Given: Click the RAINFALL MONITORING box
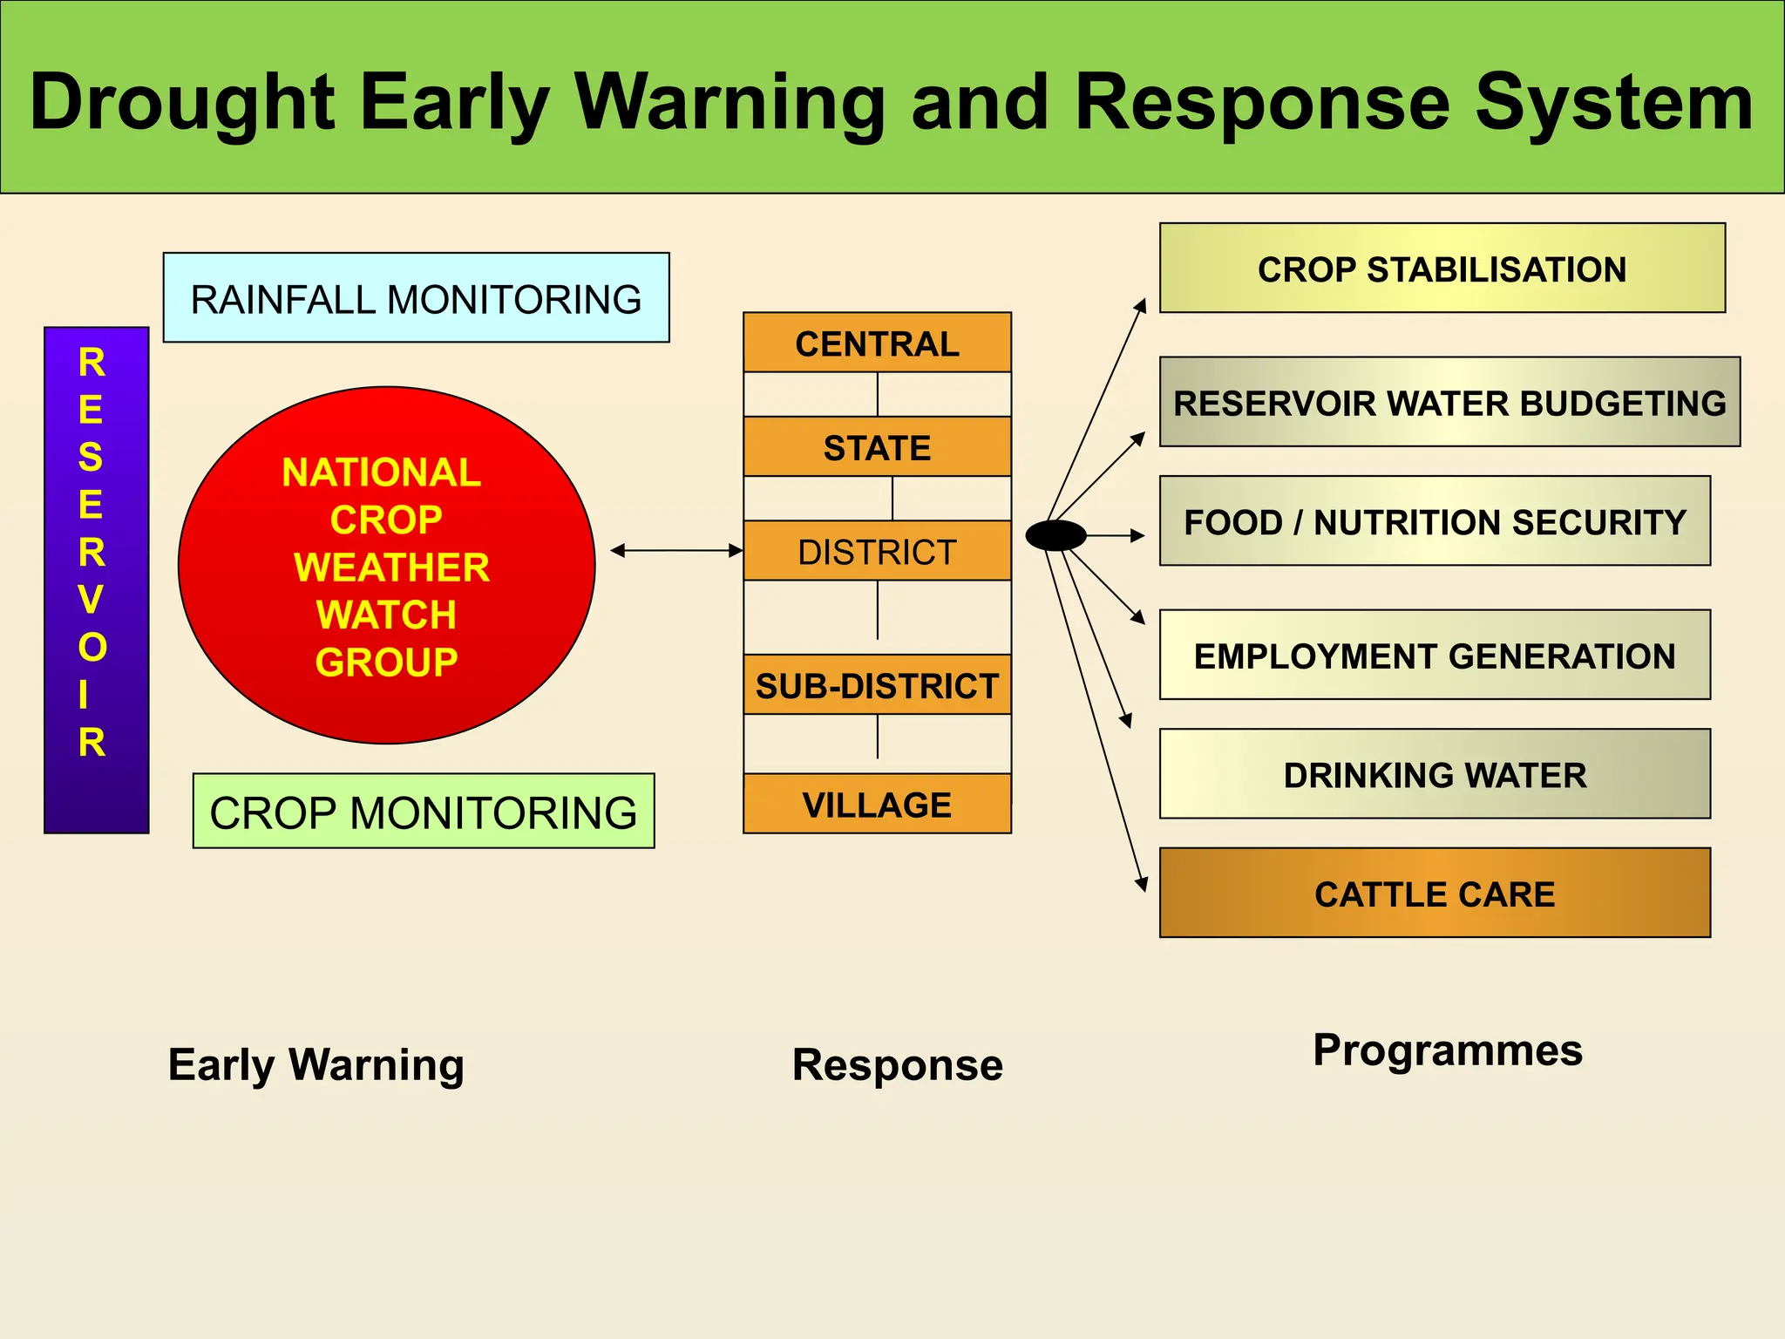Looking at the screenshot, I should coord(416,298).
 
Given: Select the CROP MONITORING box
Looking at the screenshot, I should coord(423,812).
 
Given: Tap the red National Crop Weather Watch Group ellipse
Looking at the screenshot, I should coord(386,566).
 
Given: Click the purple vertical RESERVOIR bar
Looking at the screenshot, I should coord(96,580).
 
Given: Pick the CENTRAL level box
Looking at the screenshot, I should coord(877,343).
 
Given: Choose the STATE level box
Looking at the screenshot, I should coord(877,447).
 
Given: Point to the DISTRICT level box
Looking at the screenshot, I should coord(877,551).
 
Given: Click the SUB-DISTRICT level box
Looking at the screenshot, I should coord(877,685).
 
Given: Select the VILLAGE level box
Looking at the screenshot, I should coord(877,804).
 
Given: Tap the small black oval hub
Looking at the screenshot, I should coord(1055,535).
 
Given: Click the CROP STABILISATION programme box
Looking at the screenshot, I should coord(1442,268).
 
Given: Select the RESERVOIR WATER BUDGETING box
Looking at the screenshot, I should coord(1449,402).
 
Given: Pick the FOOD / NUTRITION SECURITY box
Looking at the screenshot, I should coord(1435,521).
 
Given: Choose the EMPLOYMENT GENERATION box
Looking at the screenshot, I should coord(1435,655).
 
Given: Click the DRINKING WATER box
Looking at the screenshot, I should coord(1435,774).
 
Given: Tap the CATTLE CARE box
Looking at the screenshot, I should coord(1435,893).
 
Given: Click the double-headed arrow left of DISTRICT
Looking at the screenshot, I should coord(676,551).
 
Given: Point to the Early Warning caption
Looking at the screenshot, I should coord(316,1064).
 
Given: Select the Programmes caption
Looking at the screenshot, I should coord(1448,1050).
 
